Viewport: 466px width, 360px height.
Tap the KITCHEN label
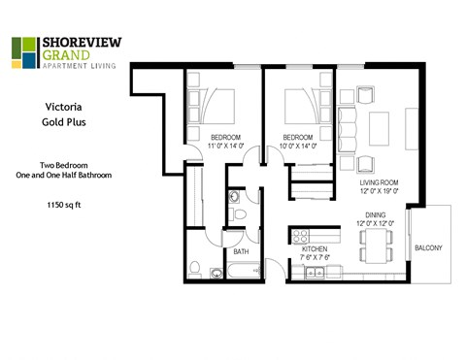[315, 249]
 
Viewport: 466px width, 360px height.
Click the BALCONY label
[428, 248]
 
